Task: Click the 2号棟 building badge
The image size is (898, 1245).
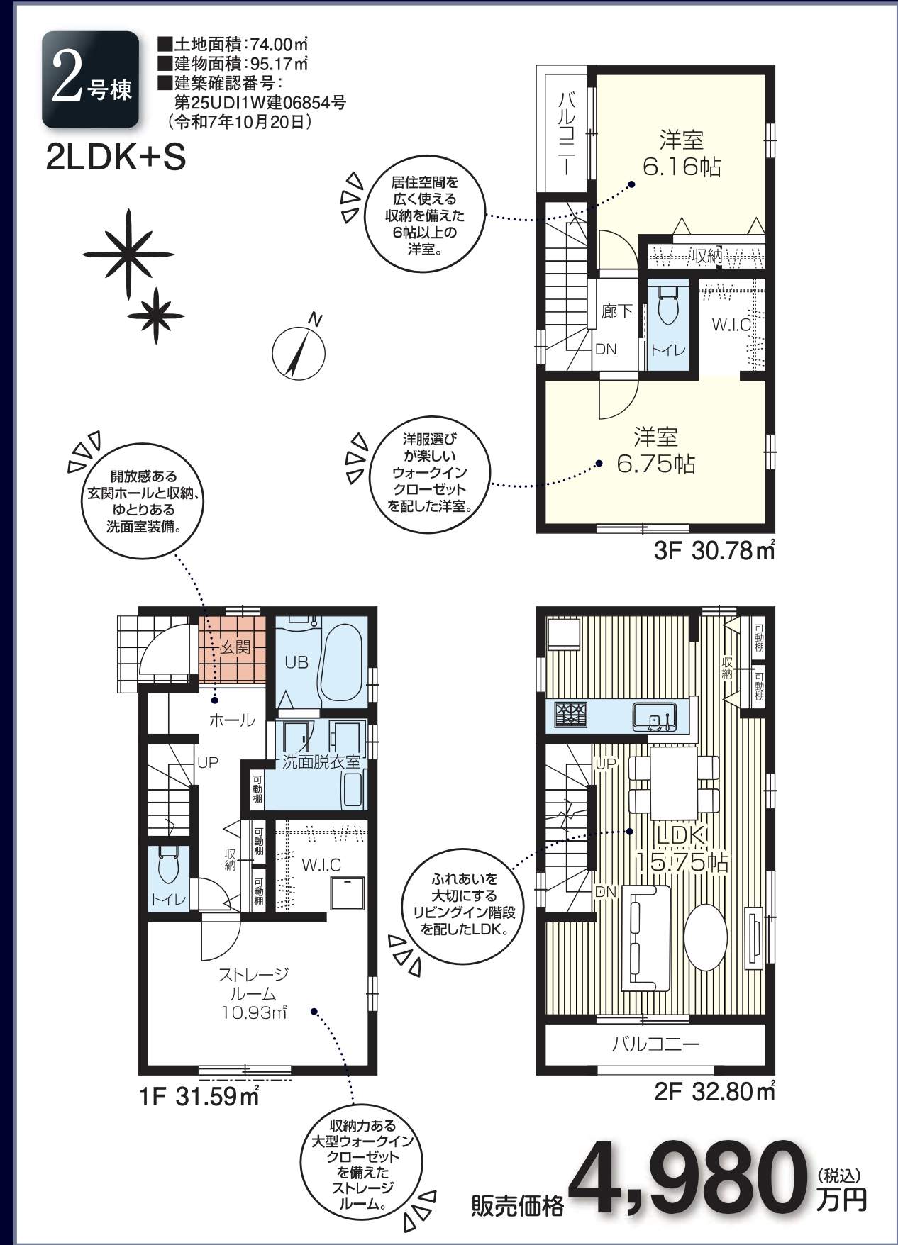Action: [x=90, y=79]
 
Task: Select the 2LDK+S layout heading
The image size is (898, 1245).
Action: [x=116, y=158]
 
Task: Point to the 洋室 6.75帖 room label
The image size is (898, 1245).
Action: [x=655, y=450]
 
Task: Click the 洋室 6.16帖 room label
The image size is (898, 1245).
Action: [x=682, y=154]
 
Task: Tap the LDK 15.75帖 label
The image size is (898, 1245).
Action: [x=680, y=849]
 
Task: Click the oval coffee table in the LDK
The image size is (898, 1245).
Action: [x=705, y=937]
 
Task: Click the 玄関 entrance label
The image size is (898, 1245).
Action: [x=234, y=648]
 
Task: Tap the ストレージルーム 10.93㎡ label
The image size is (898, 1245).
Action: [x=253, y=993]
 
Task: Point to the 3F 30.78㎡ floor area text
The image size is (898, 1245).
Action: [x=714, y=550]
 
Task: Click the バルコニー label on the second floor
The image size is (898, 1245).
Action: [x=656, y=1044]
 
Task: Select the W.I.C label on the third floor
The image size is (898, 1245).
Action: [x=732, y=325]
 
